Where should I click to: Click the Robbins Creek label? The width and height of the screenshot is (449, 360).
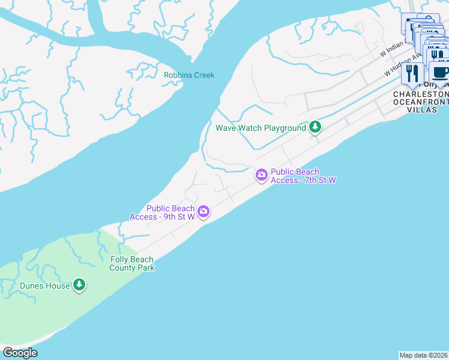click(189, 75)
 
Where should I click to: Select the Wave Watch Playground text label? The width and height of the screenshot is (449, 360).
click(261, 128)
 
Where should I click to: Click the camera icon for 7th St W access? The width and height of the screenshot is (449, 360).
click(262, 175)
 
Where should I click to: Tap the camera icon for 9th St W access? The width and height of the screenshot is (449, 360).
click(204, 211)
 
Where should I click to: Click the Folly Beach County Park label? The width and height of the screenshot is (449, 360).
click(132, 263)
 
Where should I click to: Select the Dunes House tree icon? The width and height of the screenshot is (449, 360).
click(79, 285)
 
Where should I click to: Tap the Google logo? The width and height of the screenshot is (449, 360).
click(20, 353)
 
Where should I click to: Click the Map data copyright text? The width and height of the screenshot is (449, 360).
click(424, 355)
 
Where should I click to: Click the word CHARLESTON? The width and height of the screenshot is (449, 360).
click(421, 95)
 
